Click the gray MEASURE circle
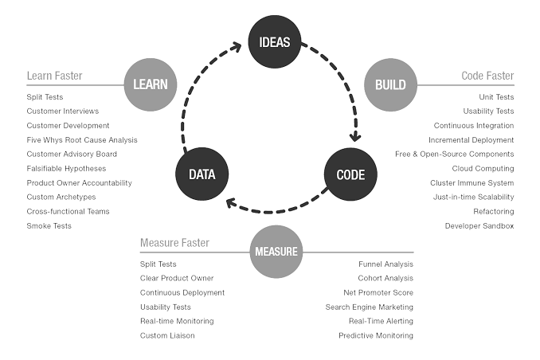[x=276, y=252]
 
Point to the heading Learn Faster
[x=54, y=76]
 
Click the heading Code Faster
[x=487, y=76]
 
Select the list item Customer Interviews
[x=63, y=112]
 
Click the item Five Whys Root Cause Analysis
[x=82, y=140]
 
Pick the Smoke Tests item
[x=49, y=226]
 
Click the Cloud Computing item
[x=483, y=169]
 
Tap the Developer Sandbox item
[x=479, y=226]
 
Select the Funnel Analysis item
[x=385, y=264]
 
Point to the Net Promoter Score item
[x=378, y=293]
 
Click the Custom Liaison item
[x=167, y=336]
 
